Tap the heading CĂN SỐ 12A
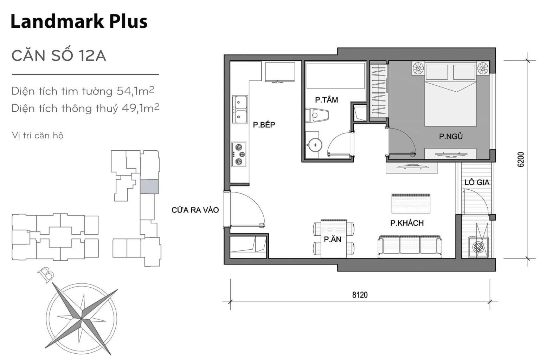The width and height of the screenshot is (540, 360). click(59, 56)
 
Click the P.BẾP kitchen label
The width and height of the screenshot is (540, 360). click(264, 125)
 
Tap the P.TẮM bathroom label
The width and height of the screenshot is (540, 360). click(326, 100)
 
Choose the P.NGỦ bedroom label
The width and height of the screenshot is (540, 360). click(451, 137)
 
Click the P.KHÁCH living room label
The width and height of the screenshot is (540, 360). click(407, 223)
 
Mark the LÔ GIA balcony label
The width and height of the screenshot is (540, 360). click(477, 183)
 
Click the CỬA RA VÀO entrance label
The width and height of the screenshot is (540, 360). click(195, 210)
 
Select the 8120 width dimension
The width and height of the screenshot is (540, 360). click(360, 295)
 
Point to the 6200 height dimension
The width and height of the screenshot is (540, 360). click(521, 159)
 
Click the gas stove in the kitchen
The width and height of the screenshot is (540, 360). click(239, 155)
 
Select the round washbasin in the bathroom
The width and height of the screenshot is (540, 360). click(314, 144)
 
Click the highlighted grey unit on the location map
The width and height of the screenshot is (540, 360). click(149, 186)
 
